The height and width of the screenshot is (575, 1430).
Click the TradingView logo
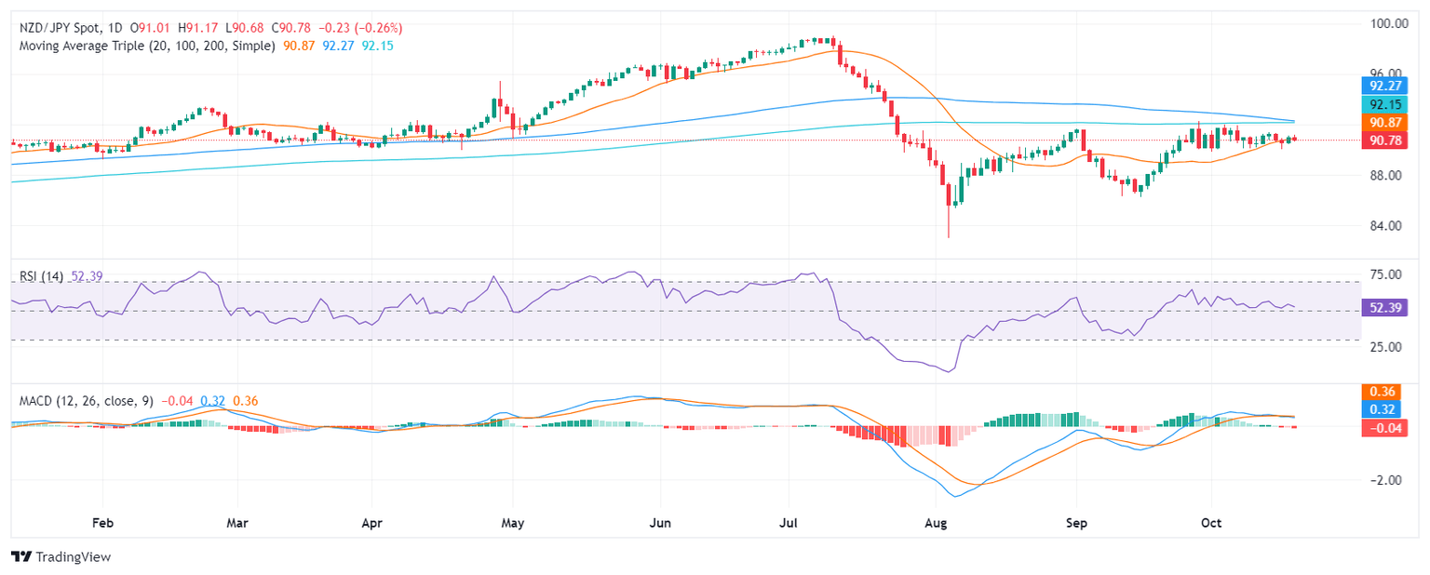coord(61,556)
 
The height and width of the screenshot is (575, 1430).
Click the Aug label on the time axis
coord(937,523)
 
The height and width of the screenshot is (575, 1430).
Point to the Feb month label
coord(102,523)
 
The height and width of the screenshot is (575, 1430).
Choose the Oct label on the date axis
coord(1211,523)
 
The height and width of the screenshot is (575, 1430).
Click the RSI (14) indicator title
coord(41,276)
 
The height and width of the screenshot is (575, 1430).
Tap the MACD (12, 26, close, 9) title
coord(86,401)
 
